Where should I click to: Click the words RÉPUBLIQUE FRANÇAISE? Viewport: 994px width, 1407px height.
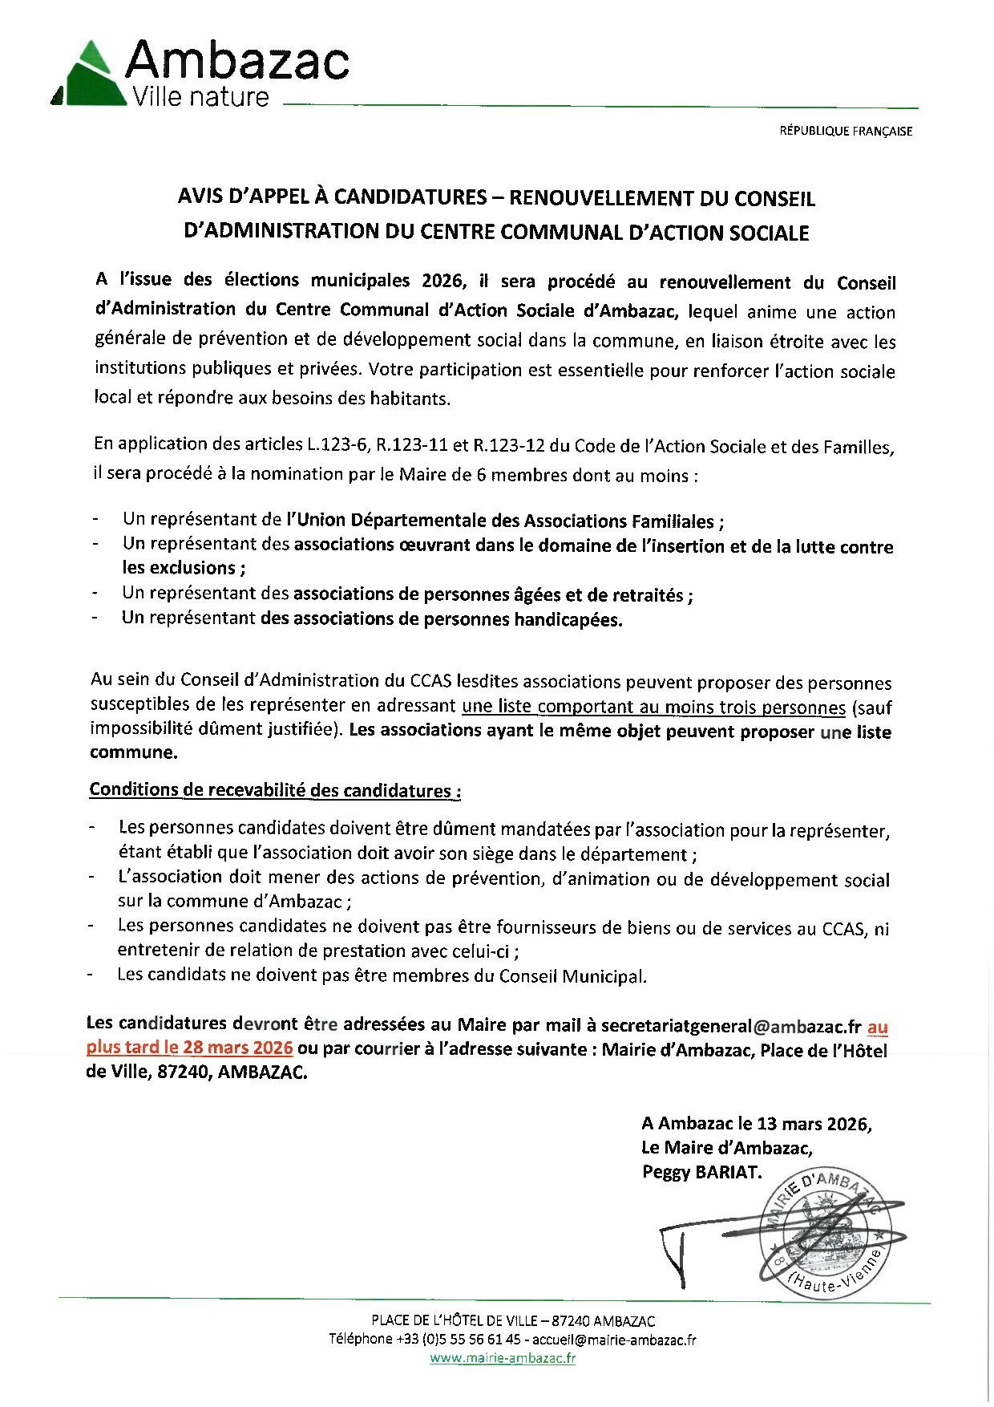coord(846,132)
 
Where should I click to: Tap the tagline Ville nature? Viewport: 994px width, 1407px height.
coord(201,98)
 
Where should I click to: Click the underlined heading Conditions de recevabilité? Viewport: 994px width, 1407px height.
coord(274,790)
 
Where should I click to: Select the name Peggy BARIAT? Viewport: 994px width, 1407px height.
coord(700,1172)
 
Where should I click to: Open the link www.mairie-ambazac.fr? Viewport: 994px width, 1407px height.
coord(503,1358)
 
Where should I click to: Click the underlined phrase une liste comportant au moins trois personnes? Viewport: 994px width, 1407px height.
coord(654,708)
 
